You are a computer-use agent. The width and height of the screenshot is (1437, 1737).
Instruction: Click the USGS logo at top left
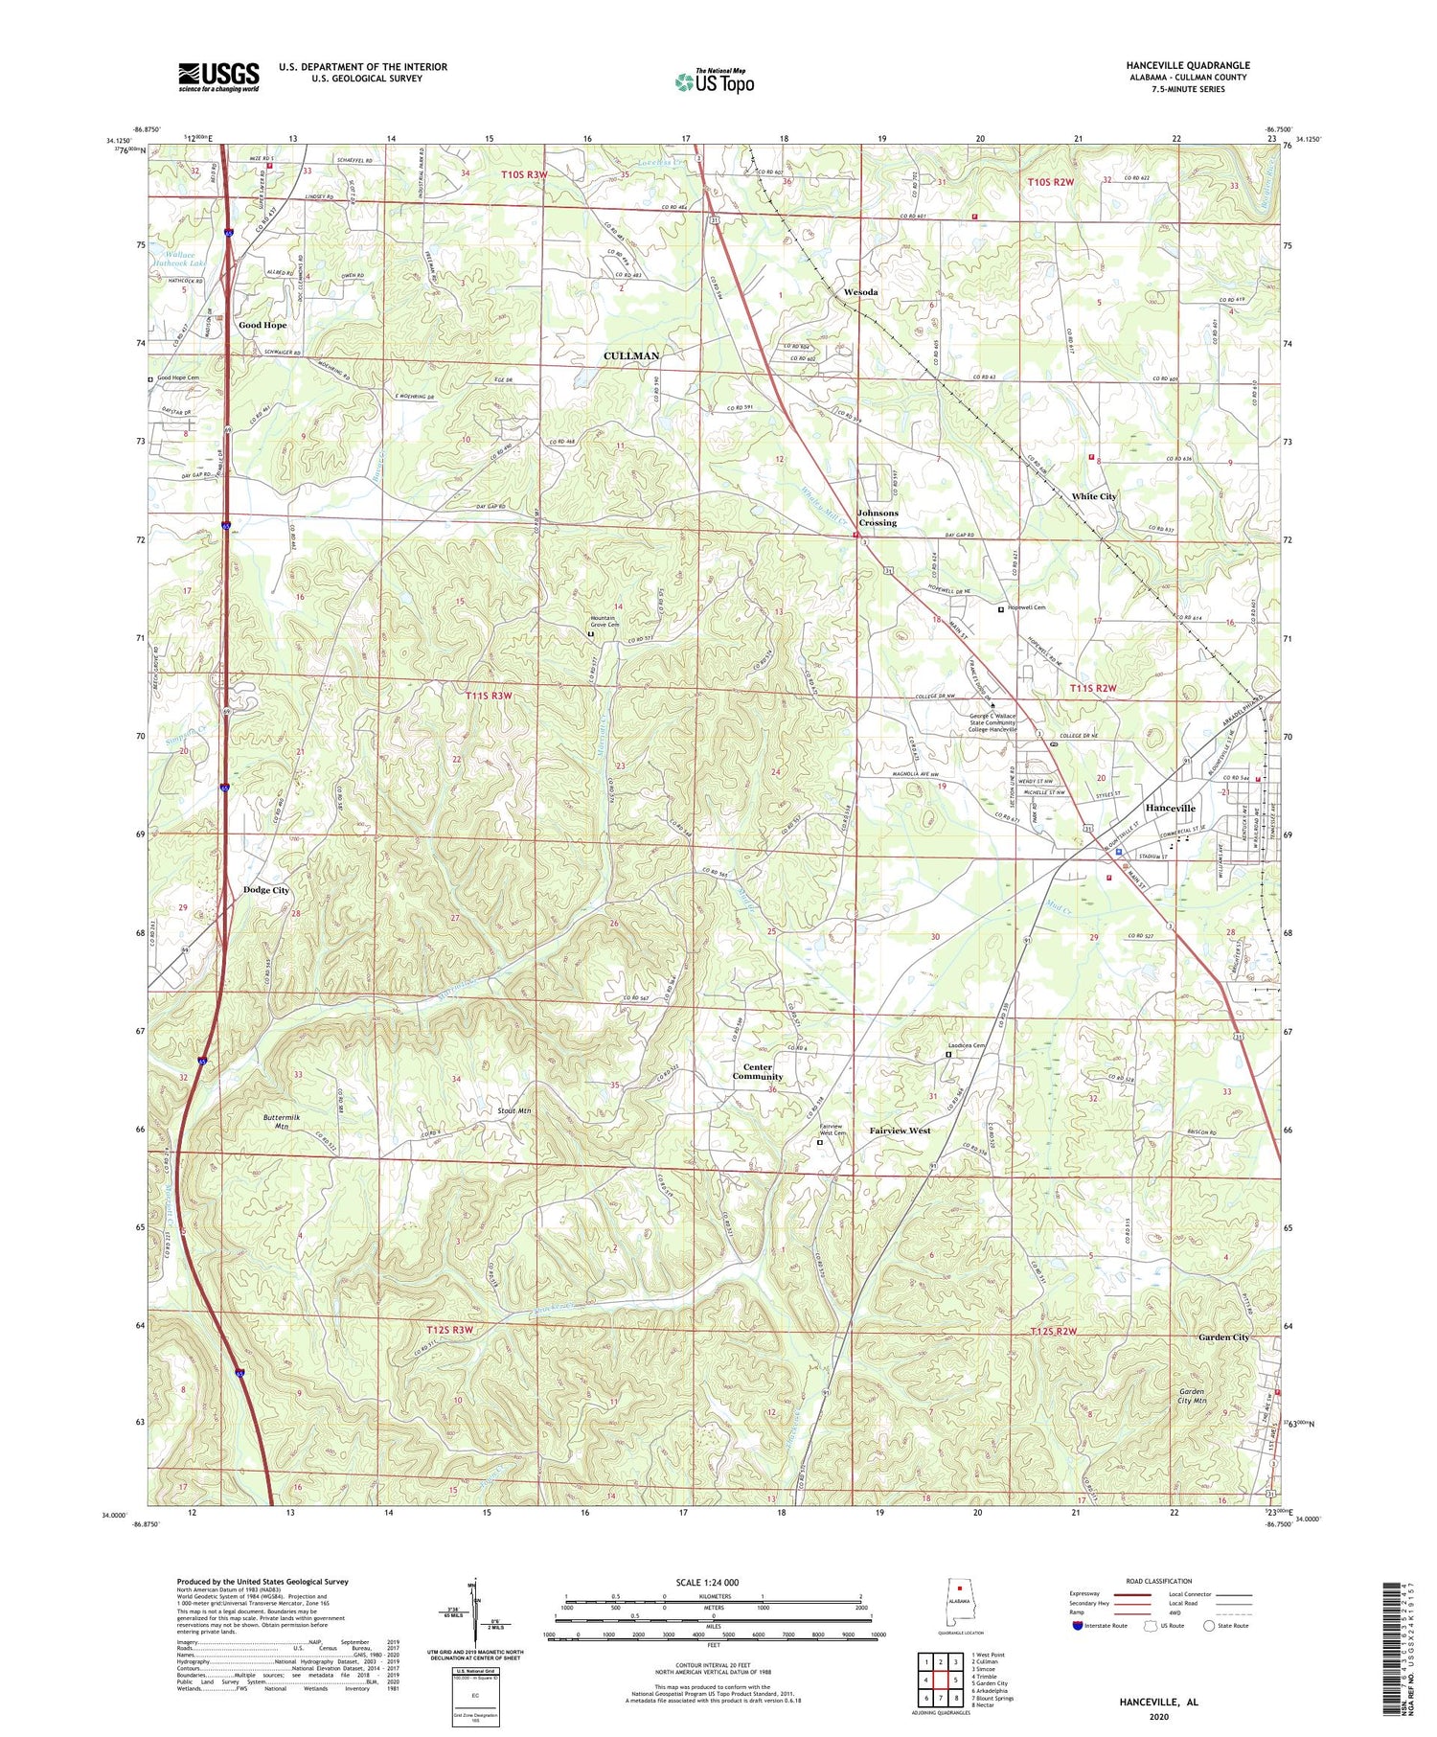click(x=218, y=77)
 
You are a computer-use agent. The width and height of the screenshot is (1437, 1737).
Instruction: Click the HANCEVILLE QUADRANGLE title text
click(x=1188, y=65)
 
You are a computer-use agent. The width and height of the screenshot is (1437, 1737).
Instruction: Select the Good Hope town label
click(x=262, y=325)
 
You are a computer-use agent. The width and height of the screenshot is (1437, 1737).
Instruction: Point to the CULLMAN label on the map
click(x=631, y=355)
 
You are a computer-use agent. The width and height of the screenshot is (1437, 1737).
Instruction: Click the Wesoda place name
click(x=860, y=291)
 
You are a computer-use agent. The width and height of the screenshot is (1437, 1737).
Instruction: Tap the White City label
click(x=1094, y=496)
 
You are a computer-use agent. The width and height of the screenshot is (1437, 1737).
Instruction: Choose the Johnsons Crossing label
click(x=878, y=517)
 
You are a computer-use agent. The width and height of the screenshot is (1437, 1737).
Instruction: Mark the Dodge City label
click(x=266, y=890)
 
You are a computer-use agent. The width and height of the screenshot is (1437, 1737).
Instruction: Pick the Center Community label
click(x=758, y=1071)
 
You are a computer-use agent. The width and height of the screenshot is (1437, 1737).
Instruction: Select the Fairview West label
click(x=900, y=1131)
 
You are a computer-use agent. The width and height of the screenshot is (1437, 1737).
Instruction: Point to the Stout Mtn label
click(x=514, y=1110)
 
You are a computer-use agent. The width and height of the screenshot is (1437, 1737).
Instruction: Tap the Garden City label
click(x=1223, y=1337)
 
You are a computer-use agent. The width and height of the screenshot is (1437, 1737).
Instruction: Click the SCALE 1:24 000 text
click(x=712, y=1582)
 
